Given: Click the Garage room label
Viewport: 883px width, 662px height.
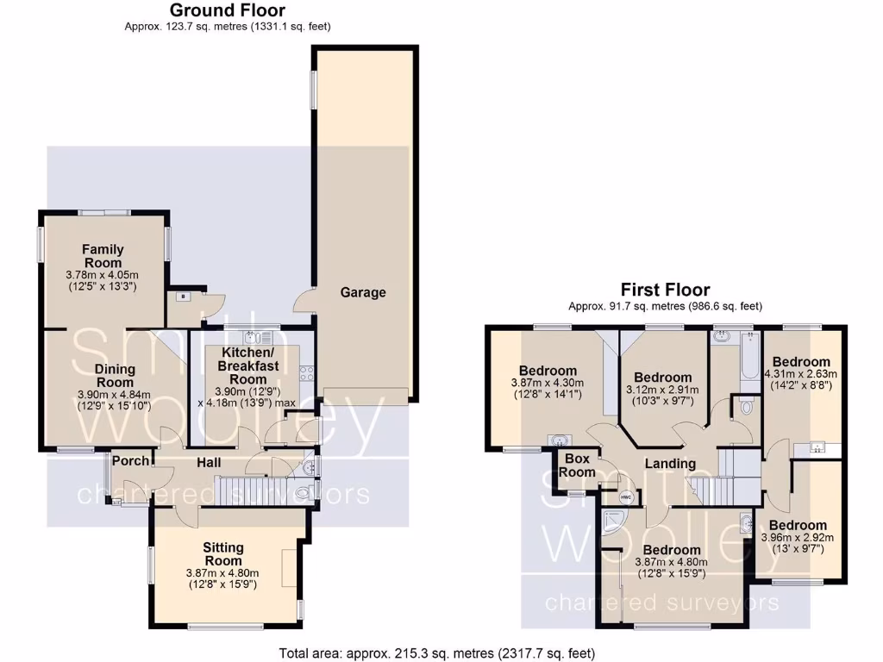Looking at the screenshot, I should pos(362,292).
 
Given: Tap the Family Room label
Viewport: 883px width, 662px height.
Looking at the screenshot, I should pos(103,256).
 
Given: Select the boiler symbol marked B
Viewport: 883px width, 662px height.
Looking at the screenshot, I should pos(183,297).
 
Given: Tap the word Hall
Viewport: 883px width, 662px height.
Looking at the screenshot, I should pos(210,462).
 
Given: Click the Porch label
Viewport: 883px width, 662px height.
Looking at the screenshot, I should pos(130,460).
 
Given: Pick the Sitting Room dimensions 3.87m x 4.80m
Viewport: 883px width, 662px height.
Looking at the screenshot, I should pos(222,572).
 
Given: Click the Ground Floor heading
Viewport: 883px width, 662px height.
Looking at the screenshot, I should pos(228,10).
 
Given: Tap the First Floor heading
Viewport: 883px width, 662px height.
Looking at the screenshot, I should pos(665,290).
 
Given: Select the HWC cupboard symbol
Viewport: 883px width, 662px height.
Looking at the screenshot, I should pos(625,496).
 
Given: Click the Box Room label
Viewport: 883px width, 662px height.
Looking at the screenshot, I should pos(577,465).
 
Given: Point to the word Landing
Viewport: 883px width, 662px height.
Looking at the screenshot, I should pos(671,464).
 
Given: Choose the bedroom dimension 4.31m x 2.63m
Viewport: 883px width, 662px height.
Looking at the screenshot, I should pos(801,374).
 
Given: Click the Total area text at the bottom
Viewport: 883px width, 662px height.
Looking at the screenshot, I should pos(437,653).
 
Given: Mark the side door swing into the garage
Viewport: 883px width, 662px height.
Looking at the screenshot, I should pos(304,302).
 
